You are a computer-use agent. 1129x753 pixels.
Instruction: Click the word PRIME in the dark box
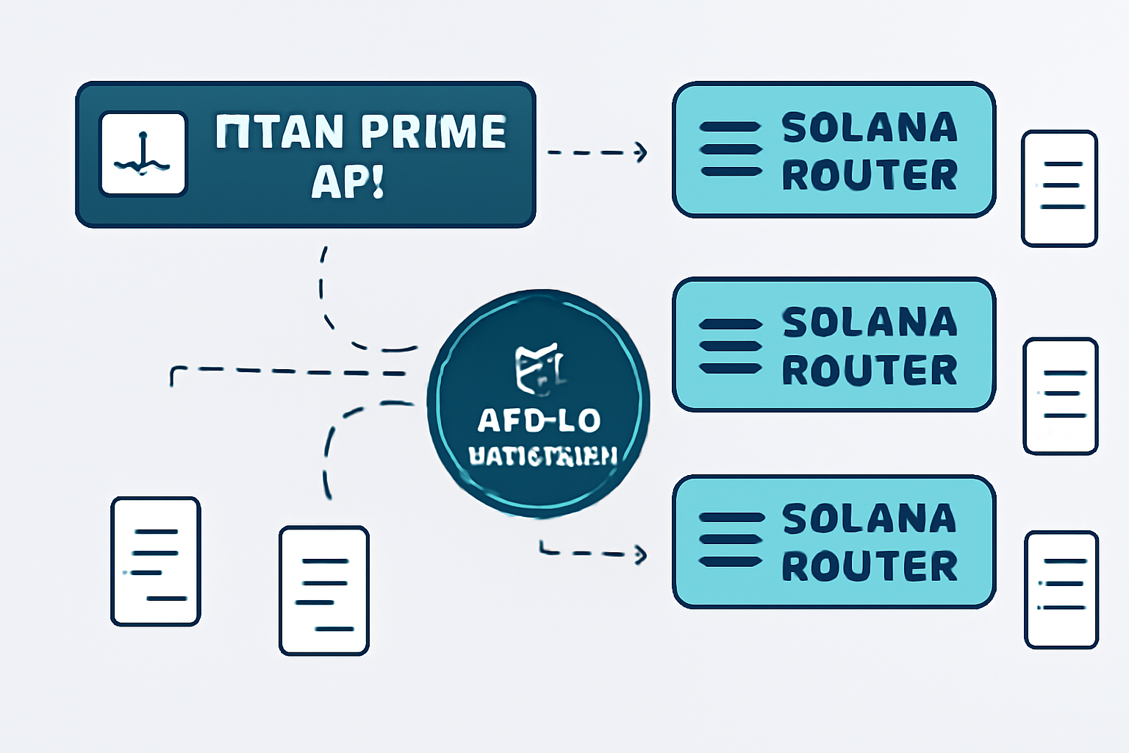click(x=434, y=132)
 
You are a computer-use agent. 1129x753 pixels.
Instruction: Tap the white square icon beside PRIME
click(x=143, y=154)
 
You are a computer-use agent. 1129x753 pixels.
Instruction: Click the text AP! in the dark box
click(x=348, y=181)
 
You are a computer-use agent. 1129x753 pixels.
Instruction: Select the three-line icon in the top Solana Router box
click(x=730, y=149)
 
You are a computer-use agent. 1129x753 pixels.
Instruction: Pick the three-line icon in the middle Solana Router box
click(x=730, y=346)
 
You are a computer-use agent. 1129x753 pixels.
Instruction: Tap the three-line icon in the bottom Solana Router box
click(x=730, y=540)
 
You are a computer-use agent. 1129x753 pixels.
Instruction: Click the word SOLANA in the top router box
click(x=870, y=128)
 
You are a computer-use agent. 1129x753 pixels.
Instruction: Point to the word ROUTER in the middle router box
click(x=870, y=370)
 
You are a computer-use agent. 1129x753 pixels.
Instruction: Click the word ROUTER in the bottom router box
click(x=870, y=566)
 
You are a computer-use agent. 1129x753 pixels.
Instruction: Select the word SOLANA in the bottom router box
click(x=870, y=519)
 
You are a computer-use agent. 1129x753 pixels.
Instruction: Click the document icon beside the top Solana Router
click(x=1059, y=188)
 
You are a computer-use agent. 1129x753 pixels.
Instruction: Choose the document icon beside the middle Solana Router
click(x=1060, y=396)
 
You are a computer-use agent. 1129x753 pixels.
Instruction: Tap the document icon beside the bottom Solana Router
click(x=1061, y=589)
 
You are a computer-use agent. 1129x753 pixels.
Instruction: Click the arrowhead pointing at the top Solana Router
click(x=641, y=152)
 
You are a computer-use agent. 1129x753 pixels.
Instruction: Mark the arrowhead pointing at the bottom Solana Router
click(x=641, y=554)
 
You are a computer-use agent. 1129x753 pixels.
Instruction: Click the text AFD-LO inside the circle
click(x=539, y=421)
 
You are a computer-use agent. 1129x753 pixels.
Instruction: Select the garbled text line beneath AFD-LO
click(x=542, y=456)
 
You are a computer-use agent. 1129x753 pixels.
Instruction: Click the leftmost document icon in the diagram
click(x=155, y=561)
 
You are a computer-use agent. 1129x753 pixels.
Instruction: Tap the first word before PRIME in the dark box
click(x=279, y=132)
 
